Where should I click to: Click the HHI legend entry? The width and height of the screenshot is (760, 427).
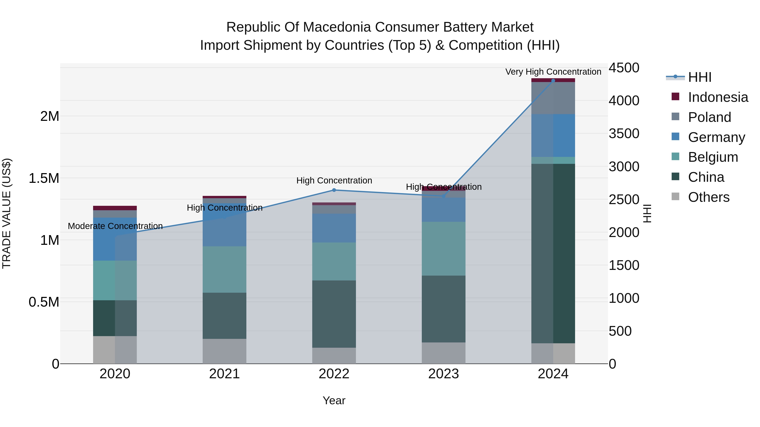pyautogui.click(x=699, y=77)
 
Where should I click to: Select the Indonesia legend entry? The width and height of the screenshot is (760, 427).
pyautogui.click(x=718, y=97)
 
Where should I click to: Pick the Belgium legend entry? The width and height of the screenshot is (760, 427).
pyautogui.click(x=712, y=157)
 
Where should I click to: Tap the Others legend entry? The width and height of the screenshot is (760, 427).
pyautogui.click(x=708, y=197)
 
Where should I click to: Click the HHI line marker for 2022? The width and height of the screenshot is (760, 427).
pyautogui.click(x=334, y=190)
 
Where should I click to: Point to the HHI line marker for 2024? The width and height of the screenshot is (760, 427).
pyautogui.click(x=553, y=81)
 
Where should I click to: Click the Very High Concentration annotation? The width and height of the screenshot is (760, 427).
pyautogui.click(x=553, y=72)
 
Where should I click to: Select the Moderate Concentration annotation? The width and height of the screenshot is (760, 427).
pyautogui.click(x=115, y=226)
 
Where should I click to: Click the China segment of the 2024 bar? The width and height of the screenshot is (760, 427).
pyautogui.click(x=553, y=253)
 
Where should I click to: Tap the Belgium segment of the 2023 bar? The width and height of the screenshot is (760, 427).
pyautogui.click(x=443, y=249)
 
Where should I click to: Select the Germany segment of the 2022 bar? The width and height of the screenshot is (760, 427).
pyautogui.click(x=334, y=228)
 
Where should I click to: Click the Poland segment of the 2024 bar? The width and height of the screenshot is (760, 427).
pyautogui.click(x=553, y=98)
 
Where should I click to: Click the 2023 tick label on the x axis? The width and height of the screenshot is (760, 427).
pyautogui.click(x=443, y=374)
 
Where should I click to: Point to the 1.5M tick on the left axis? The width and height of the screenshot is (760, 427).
pyautogui.click(x=44, y=178)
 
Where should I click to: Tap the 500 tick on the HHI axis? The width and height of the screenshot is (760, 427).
pyautogui.click(x=620, y=331)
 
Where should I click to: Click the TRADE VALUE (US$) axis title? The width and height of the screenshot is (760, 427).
pyautogui.click(x=7, y=213)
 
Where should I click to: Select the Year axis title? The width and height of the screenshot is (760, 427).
pyautogui.click(x=334, y=400)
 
